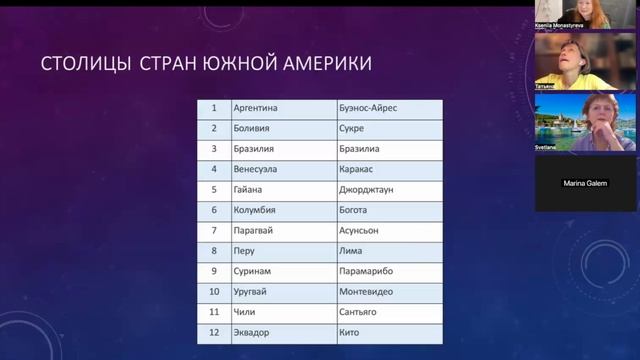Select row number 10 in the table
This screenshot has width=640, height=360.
coord(213,291)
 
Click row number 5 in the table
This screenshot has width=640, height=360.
coord(213,189)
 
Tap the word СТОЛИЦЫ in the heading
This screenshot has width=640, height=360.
coord(83,65)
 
